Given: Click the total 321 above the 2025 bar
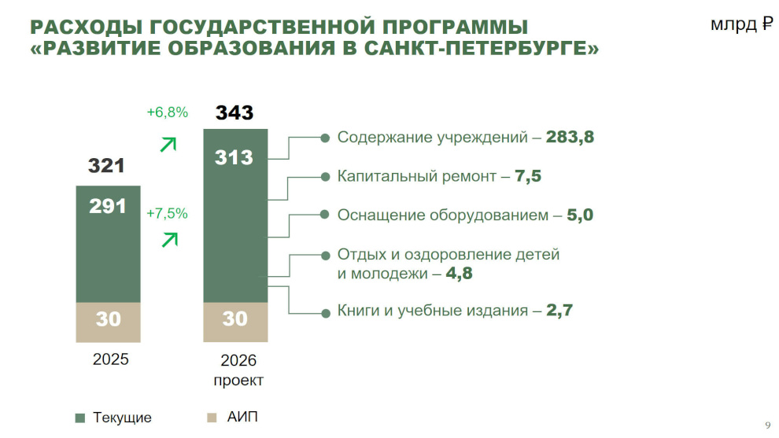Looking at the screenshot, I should [106, 166].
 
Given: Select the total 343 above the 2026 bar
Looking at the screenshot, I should [234, 112].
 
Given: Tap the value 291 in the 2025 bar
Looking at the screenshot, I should [108, 206].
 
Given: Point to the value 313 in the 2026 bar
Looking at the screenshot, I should [234, 157].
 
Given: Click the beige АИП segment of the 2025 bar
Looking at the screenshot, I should [108, 322].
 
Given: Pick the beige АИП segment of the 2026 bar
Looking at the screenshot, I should [234, 322].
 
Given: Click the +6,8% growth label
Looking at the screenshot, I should [167, 112].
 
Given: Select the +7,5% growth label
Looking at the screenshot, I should [167, 213].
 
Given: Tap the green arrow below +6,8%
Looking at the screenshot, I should [168, 144].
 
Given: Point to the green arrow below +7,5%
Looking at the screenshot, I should [168, 239].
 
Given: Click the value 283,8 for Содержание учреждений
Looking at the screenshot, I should [570, 138].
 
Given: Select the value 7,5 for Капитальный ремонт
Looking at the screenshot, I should [528, 176].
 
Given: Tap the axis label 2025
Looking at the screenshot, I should [110, 361].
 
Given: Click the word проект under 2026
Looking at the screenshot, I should [238, 380].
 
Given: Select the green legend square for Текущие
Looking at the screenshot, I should [79, 418].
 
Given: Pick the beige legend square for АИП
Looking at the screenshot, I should [210, 418].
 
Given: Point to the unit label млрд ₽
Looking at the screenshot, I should [742, 25].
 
